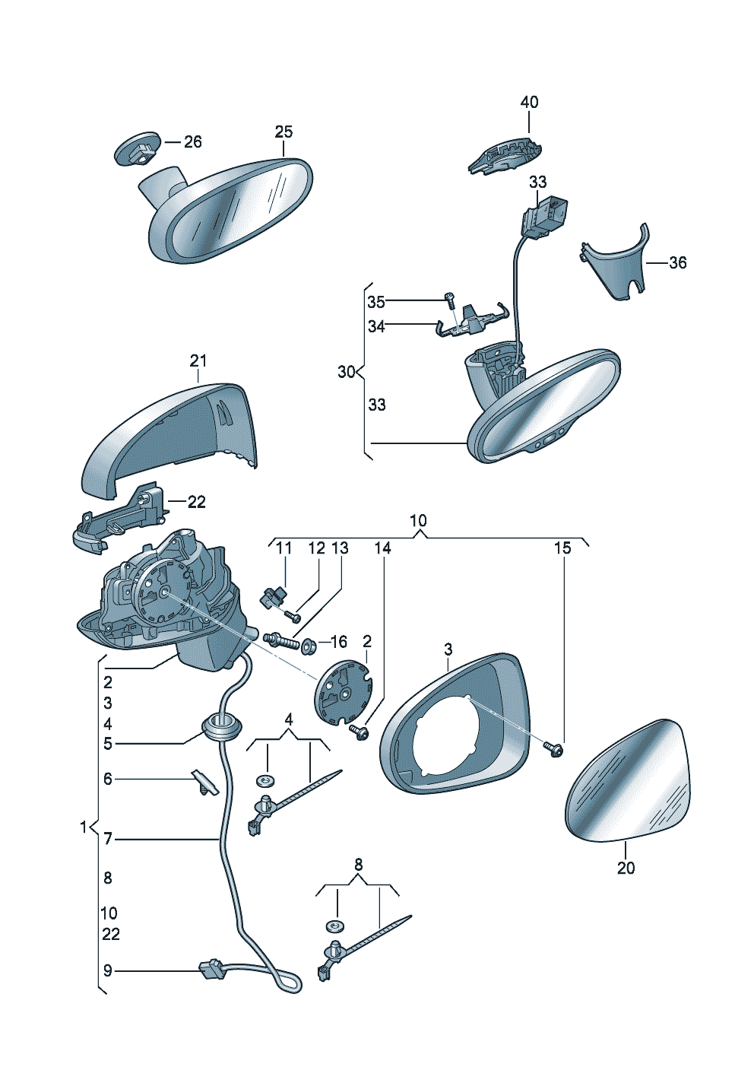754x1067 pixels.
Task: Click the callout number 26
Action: (x=193, y=141)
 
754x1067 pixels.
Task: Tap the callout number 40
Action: (x=529, y=102)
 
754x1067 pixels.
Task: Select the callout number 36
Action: (x=677, y=262)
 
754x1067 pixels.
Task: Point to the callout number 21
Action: (x=198, y=360)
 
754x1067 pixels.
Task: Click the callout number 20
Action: (x=626, y=868)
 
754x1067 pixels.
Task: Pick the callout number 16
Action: (x=338, y=643)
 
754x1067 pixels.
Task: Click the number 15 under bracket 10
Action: (x=562, y=548)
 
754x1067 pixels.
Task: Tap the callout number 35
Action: (x=376, y=302)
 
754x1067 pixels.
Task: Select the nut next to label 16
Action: (x=309, y=646)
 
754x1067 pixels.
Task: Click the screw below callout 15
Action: (x=554, y=749)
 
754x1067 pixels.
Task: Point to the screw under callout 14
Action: (x=358, y=732)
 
